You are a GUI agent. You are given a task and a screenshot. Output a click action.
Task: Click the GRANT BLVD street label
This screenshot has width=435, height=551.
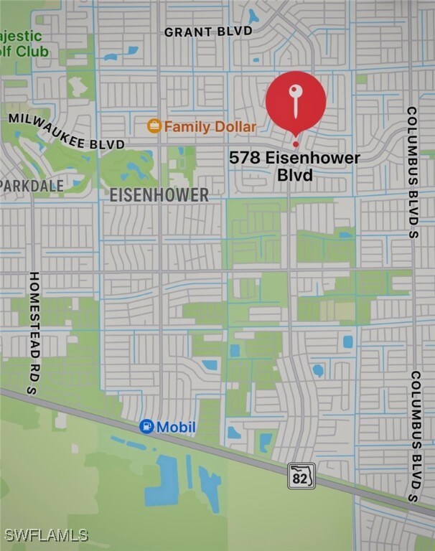pos(208,32)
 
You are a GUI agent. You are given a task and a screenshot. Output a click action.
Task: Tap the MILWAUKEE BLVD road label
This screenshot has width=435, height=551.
pos(66,131)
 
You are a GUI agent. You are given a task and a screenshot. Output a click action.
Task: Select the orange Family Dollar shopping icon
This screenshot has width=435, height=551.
pos(154,126)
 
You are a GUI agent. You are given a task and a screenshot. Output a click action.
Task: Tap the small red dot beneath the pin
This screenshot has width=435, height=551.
pos(295,144)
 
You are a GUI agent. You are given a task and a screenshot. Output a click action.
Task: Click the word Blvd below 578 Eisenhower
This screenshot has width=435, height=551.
pos(294,174)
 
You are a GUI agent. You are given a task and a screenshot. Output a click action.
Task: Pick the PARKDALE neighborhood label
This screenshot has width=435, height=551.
pos(32,186)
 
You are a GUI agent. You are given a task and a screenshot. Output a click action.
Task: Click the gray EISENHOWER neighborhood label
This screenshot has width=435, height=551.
pos(159,194)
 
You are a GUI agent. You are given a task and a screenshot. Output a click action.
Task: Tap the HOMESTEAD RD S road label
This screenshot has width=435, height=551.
pos(34,331)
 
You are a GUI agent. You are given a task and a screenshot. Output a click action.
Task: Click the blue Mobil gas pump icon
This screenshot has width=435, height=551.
pos(146,427)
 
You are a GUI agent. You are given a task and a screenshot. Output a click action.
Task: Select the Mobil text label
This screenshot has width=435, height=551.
pos(176,428)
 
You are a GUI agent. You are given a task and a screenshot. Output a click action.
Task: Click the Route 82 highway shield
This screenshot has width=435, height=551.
pos(301,475)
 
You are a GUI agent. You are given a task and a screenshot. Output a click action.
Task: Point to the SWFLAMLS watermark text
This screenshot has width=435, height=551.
pos(46,535)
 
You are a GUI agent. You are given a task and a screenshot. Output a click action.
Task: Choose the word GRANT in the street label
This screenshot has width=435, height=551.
pos(187,32)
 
